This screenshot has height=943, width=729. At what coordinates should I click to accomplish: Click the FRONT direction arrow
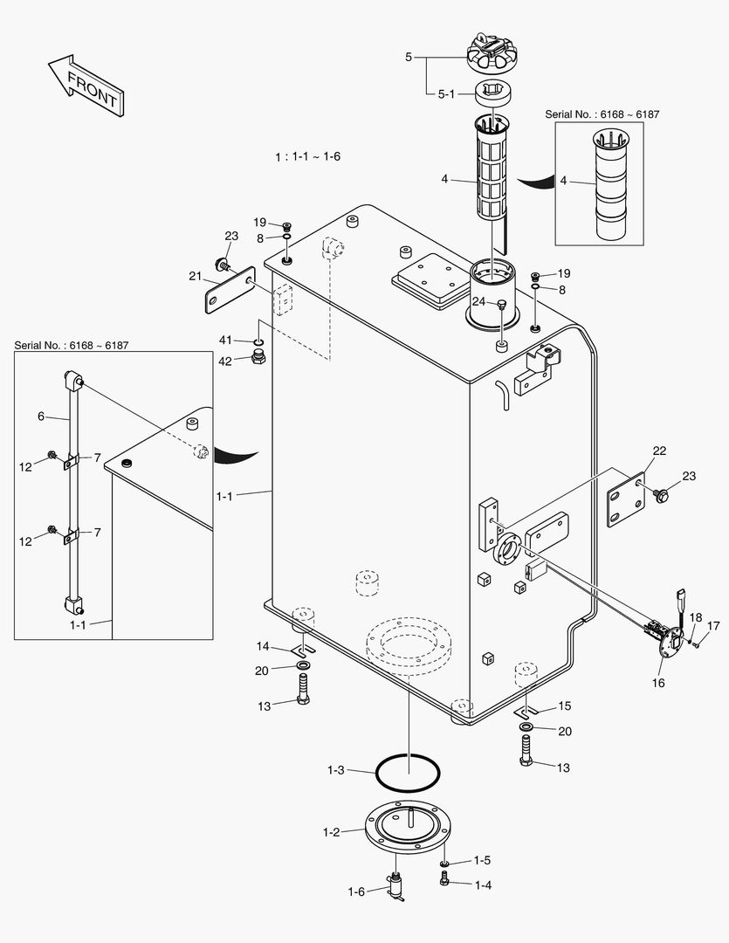[85, 85]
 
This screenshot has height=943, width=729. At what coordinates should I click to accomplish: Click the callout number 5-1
[446, 93]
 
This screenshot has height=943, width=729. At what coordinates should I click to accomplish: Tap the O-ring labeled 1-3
[408, 772]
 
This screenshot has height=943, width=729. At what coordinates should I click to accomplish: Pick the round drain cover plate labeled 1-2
[409, 831]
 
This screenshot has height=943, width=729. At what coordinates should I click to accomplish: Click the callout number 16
[658, 683]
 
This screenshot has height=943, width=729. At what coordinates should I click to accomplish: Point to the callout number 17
[713, 625]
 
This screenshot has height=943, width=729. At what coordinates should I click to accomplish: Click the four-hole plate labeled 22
[627, 500]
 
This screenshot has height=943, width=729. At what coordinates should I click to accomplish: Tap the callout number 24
[478, 301]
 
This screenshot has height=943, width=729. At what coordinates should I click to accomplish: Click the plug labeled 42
[258, 357]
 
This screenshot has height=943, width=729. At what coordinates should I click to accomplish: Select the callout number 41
[225, 340]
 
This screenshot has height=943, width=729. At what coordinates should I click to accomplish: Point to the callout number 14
[262, 646]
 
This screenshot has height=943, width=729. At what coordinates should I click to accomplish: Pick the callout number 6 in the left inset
[40, 416]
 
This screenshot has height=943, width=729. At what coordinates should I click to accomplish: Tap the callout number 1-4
[483, 884]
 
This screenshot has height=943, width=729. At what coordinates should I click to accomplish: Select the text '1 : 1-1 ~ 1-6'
[307, 156]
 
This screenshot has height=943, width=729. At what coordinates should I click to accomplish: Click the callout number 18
[695, 617]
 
